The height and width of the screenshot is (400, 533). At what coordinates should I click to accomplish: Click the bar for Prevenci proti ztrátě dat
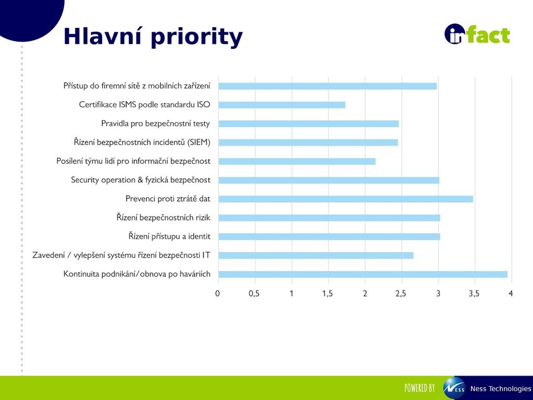[346, 199]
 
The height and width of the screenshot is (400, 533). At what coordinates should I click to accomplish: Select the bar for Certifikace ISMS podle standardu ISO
[282, 105]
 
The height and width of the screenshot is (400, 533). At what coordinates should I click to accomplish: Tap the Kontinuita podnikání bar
[363, 274]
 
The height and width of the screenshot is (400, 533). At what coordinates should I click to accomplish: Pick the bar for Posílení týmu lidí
[296, 161]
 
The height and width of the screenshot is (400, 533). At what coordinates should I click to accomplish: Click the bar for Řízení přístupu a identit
[329, 237]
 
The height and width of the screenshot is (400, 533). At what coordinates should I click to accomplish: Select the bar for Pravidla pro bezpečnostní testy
[309, 123]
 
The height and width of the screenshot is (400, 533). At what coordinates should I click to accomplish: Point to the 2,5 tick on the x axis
[401, 293]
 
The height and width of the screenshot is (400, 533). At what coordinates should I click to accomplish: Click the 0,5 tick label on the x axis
[254, 293]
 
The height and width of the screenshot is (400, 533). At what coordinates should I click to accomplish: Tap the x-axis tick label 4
[511, 293]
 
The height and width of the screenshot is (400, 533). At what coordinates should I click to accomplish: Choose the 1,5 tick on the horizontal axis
[328, 293]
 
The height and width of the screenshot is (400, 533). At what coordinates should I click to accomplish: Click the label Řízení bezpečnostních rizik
[163, 217]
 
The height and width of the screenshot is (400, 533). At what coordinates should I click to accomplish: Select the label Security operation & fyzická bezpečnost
[140, 180]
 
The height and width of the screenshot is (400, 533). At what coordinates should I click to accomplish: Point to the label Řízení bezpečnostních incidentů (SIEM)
[142, 142]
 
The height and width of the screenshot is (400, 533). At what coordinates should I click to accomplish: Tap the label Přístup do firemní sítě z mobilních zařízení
[137, 86]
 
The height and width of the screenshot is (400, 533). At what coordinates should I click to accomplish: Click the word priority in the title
[197, 37]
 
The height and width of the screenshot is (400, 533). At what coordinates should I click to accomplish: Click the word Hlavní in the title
[102, 36]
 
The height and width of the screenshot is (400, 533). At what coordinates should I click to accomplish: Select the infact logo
[477, 34]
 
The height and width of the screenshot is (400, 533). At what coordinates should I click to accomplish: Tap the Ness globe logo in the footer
[454, 388]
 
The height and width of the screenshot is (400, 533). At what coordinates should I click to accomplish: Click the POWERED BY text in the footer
[420, 388]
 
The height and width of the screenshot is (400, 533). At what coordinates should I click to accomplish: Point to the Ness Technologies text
[500, 389]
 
